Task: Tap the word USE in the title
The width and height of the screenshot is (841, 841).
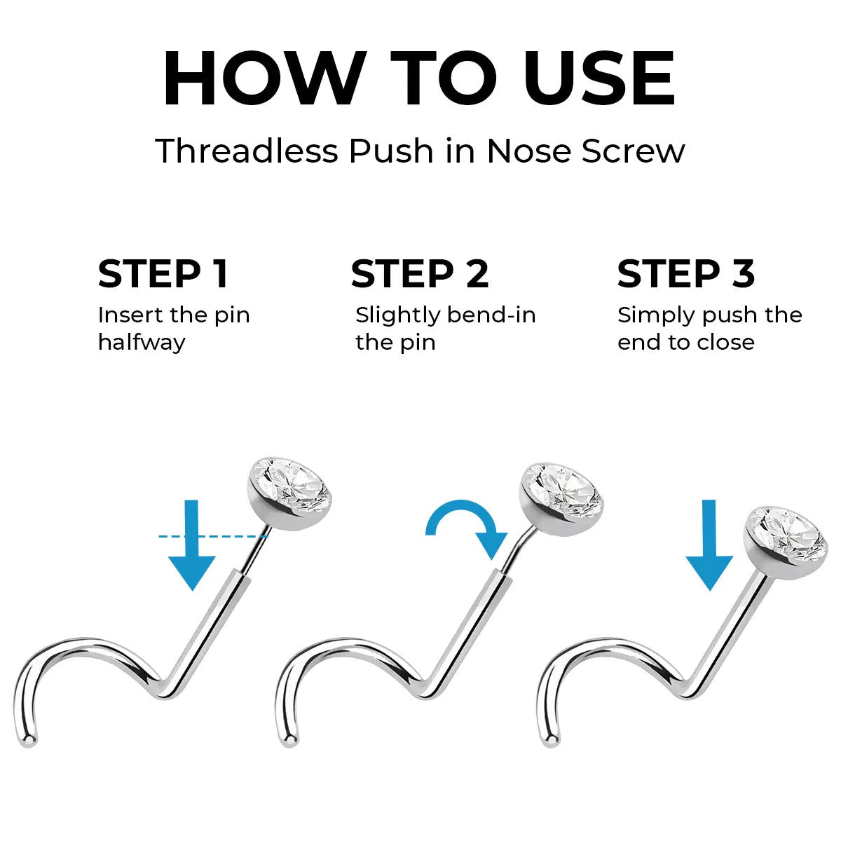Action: pyautogui.click(x=600, y=78)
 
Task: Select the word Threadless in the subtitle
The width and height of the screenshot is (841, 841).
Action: pyautogui.click(x=247, y=151)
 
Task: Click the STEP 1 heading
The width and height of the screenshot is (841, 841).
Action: pyautogui.click(x=163, y=273)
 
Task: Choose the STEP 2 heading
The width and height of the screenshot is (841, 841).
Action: pyautogui.click(x=420, y=273)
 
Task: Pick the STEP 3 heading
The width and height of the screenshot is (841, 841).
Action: pyautogui.click(x=686, y=273)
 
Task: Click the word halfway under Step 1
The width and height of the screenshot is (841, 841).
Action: pyautogui.click(x=142, y=343)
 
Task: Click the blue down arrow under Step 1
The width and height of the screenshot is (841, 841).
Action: pyautogui.click(x=192, y=545)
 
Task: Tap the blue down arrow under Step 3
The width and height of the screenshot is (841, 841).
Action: pyautogui.click(x=710, y=545)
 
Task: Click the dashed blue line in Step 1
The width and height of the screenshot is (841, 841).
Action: pyautogui.click(x=214, y=536)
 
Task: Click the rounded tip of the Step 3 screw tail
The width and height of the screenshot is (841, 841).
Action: pyautogui.click(x=552, y=739)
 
